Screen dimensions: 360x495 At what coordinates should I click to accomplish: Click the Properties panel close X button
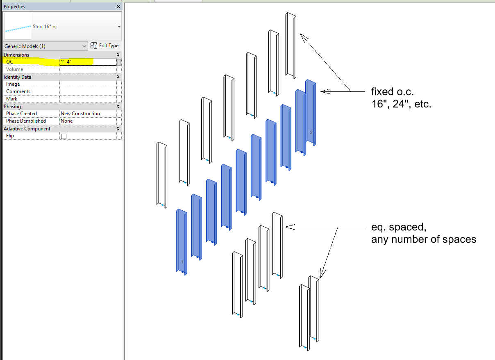point(118,7)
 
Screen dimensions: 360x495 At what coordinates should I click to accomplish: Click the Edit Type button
point(104,46)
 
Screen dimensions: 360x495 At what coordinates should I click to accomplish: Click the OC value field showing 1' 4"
point(88,62)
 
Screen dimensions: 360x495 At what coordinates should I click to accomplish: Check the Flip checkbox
point(64,136)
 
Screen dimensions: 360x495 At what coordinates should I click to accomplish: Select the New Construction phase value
point(80,114)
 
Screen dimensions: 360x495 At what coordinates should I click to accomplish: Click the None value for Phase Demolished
point(67,121)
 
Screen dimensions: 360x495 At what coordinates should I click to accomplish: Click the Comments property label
point(18,91)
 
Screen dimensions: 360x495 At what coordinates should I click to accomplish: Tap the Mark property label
point(11,99)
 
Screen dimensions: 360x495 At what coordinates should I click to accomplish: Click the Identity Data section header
point(17,77)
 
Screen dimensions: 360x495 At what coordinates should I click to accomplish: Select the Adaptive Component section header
point(27,129)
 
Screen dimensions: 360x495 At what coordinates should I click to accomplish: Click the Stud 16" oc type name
point(45,27)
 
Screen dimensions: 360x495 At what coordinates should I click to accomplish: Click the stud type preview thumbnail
point(18,27)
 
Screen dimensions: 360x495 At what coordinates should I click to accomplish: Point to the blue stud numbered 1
point(182,242)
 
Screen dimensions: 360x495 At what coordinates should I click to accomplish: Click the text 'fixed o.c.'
point(392,91)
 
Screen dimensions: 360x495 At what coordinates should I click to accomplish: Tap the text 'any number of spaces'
point(423,239)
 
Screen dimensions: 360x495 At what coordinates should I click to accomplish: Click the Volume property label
point(14,69)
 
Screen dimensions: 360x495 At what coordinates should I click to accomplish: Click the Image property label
point(13,84)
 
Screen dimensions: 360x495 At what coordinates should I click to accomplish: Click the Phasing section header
point(13,107)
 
